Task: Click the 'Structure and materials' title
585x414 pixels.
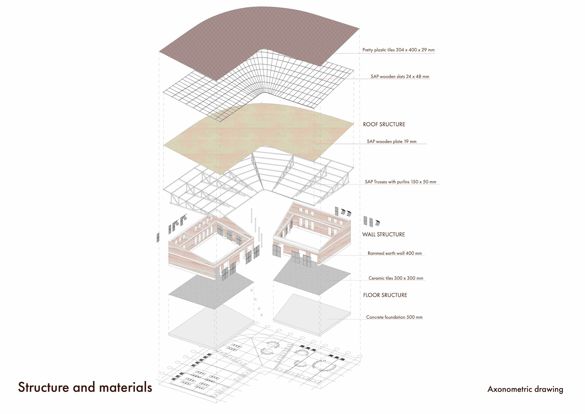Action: tap(85, 387)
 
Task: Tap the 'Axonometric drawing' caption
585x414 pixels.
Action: tap(525, 389)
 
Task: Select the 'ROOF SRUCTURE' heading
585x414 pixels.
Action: tap(384, 124)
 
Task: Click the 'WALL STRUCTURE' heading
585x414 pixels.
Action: tap(383, 235)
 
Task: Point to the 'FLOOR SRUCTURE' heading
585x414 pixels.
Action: tap(385, 295)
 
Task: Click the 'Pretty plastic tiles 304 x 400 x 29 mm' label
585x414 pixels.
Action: tap(398, 50)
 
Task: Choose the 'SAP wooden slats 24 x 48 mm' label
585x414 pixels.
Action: tap(400, 77)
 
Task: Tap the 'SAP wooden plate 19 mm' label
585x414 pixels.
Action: tap(392, 142)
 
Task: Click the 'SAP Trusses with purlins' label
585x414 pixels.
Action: tap(400, 182)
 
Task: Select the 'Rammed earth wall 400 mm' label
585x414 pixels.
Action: tap(395, 253)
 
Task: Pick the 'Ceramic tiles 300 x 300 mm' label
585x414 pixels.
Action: tap(396, 278)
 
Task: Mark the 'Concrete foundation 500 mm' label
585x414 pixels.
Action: tap(394, 317)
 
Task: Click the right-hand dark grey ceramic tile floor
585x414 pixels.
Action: tap(311, 278)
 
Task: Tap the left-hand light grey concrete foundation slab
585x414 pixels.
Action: tap(210, 326)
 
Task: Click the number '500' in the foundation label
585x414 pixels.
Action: tap(410, 317)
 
